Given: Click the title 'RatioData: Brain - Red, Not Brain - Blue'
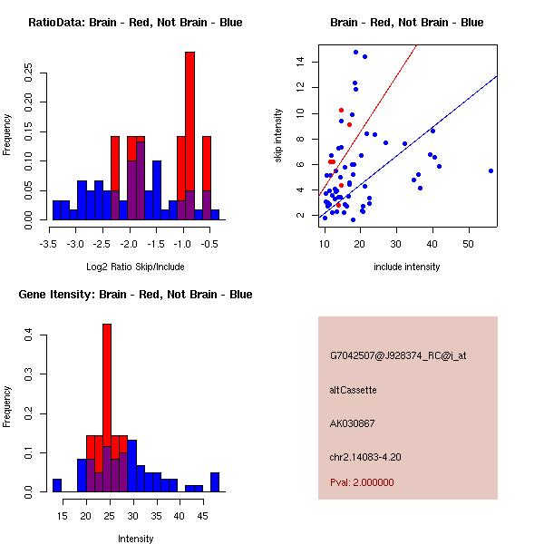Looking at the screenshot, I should tap(136, 23).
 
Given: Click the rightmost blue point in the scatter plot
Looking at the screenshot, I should tap(491, 170).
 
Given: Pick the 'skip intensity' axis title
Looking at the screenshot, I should tap(278, 136).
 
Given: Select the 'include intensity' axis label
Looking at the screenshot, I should tap(407, 267).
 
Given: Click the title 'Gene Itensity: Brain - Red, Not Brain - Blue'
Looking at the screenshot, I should tap(136, 295).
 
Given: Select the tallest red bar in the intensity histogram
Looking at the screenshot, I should tap(107, 381).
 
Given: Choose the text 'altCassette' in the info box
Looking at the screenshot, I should tap(354, 390).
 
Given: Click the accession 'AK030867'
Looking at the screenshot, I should tap(353, 423).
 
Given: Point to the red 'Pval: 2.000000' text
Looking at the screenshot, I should tap(365, 482).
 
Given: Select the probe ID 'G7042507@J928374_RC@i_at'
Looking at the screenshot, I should tap(398, 356).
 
